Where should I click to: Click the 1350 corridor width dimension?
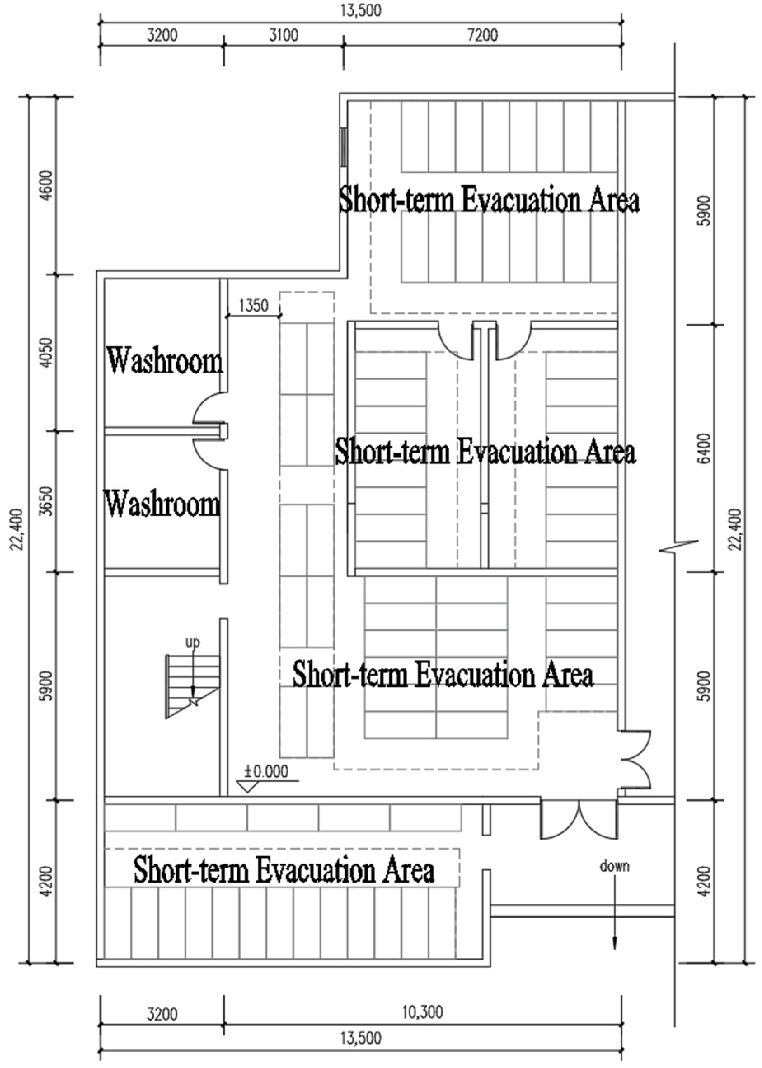click(253, 305)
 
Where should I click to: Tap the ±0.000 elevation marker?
click(266, 772)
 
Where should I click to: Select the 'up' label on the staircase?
click(192, 643)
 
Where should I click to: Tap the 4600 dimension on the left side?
click(47, 185)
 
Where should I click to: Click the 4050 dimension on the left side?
click(47, 353)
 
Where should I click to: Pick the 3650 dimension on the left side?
click(47, 501)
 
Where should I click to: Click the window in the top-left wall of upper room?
click(344, 146)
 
